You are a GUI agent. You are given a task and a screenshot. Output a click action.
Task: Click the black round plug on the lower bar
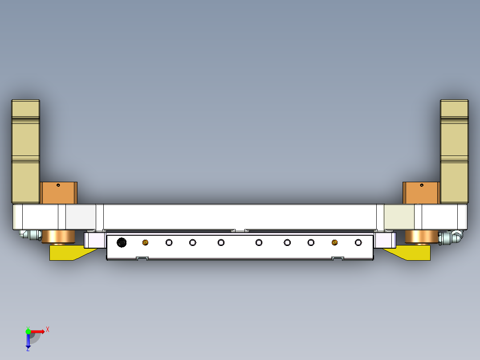click(121, 242)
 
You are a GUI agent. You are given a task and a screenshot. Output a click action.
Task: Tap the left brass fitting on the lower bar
click(145, 242)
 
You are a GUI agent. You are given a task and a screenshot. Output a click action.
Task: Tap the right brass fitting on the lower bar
click(334, 242)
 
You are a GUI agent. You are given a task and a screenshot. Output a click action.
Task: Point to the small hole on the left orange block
click(58, 185)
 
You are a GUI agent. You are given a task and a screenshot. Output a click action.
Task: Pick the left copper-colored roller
click(58, 237)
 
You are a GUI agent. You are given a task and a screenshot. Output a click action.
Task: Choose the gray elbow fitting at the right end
click(452, 237)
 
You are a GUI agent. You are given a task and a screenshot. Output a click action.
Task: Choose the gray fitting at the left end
click(29, 234)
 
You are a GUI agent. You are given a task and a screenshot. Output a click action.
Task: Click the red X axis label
click(48, 329)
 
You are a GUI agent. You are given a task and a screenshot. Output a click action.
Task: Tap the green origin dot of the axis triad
click(28, 331)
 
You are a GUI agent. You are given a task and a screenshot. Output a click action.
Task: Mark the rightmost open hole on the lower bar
click(358, 242)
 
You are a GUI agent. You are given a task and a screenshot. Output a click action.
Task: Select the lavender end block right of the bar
click(385, 241)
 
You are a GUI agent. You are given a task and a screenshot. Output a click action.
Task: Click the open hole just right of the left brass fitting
click(169, 242)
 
